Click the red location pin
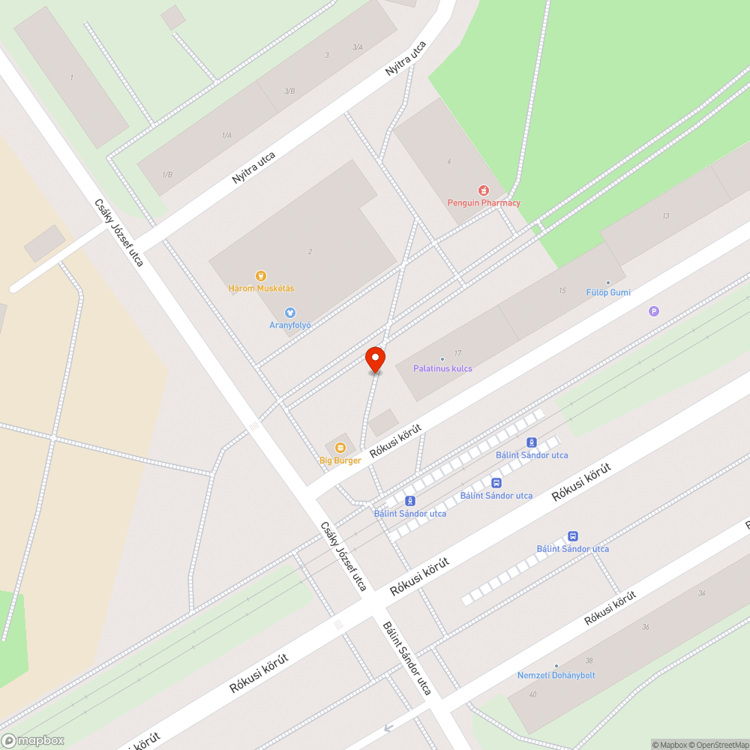(375, 358)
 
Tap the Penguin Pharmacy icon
(484, 190)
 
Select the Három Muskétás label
(261, 288)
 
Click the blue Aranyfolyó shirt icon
(290, 312)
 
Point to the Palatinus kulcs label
(442, 368)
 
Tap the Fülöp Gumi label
(608, 292)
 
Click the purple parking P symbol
(654, 311)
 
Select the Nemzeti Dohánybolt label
(556, 675)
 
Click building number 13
(665, 216)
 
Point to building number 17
(457, 353)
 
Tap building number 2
(310, 252)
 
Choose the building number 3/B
(289, 91)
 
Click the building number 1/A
(226, 135)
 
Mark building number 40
(532, 694)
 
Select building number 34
(701, 593)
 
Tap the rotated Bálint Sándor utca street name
(406, 658)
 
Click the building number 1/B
(167, 175)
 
